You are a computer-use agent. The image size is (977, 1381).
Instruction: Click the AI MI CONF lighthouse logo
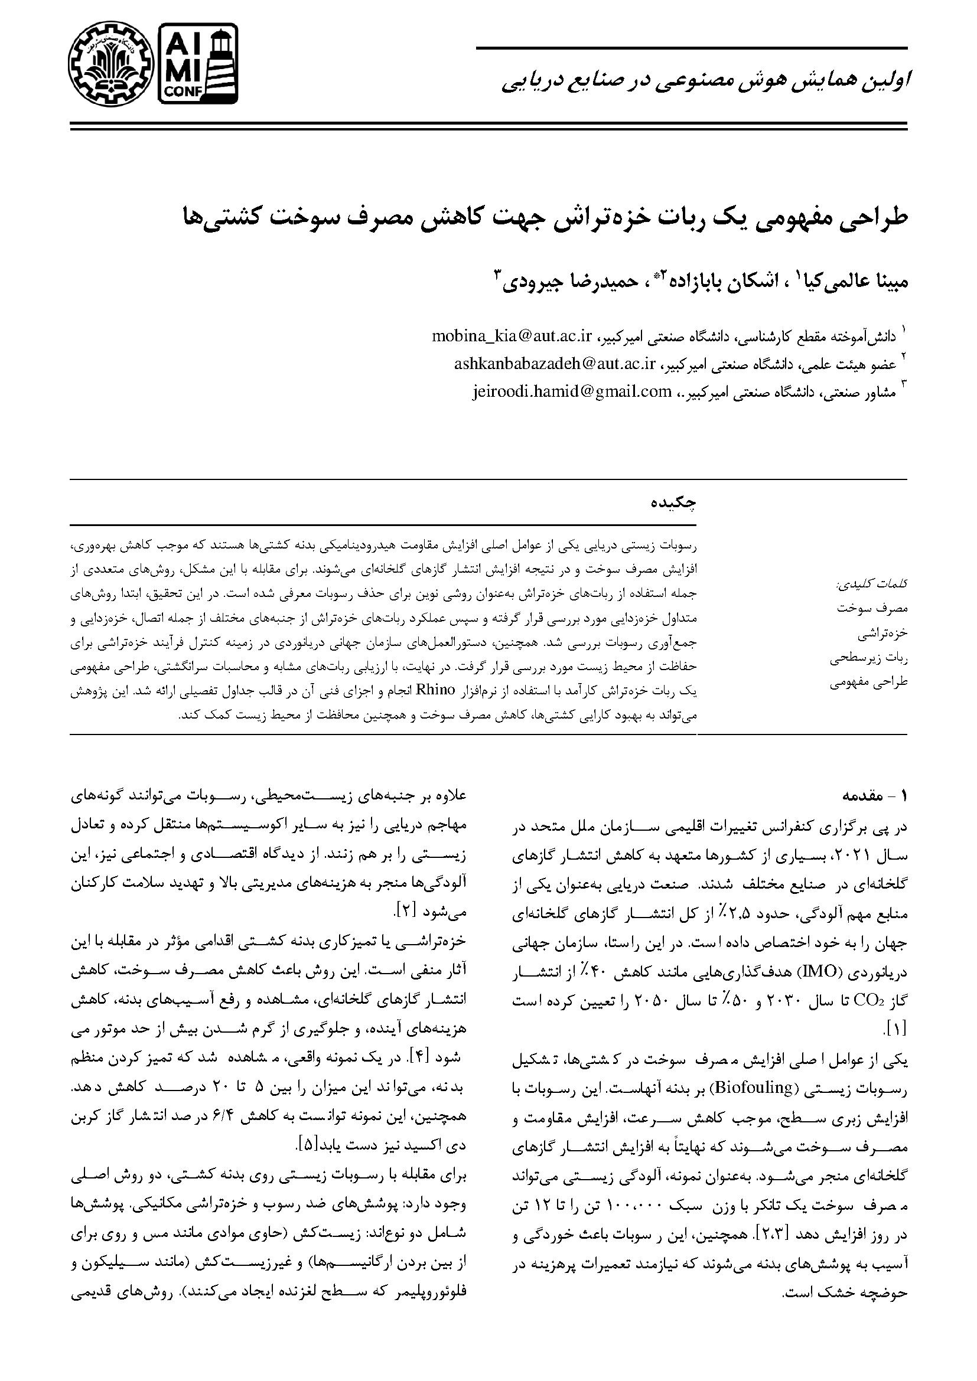coord(197,63)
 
